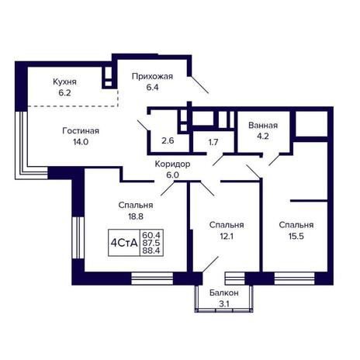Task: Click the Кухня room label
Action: tap(64, 82)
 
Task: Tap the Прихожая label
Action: tap(152, 77)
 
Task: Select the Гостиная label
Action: tap(81, 131)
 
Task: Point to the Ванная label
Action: tap(263, 126)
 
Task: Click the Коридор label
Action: tap(172, 164)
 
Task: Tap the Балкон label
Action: tap(224, 293)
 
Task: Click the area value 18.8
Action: tap(136, 216)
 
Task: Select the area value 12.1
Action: tap(227, 236)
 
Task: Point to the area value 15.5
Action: tap(296, 236)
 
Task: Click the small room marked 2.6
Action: tap(168, 141)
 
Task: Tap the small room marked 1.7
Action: tap(213, 142)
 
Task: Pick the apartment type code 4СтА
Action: tap(124, 243)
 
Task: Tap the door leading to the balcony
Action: tap(210, 265)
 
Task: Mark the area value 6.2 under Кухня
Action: tap(64, 93)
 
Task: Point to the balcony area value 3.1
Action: tap(224, 304)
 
